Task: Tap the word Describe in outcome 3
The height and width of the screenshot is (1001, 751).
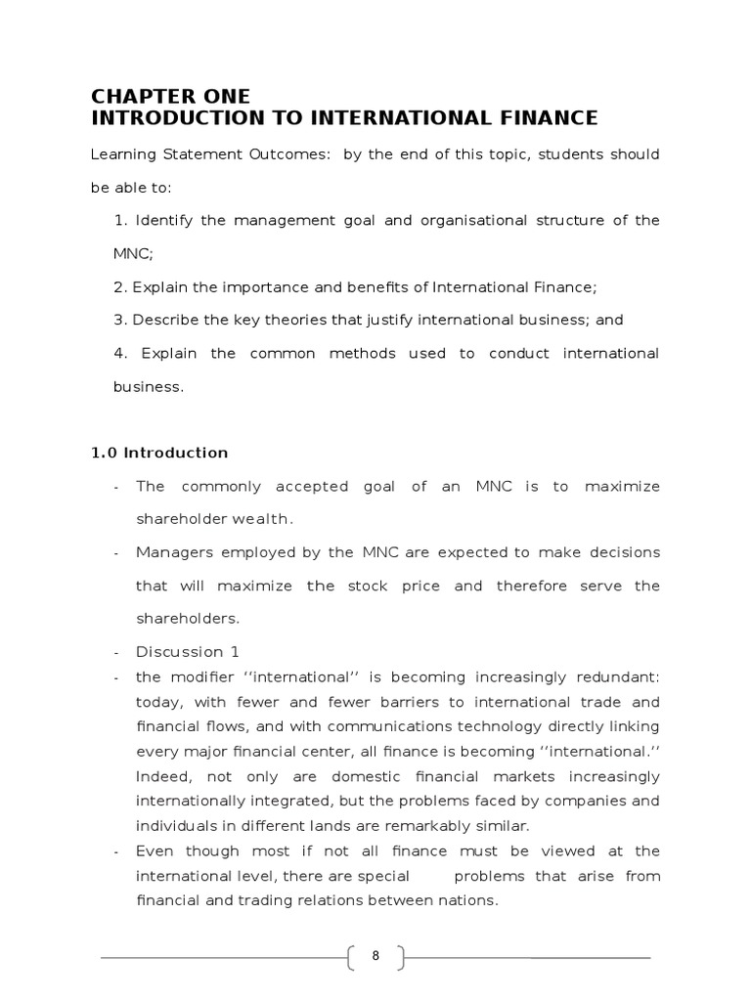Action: [x=162, y=320]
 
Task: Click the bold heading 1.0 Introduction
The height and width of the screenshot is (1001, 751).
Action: [x=159, y=453]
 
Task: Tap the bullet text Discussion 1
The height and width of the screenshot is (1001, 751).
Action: [x=188, y=652]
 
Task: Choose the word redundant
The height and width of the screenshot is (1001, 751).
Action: [x=618, y=676]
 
